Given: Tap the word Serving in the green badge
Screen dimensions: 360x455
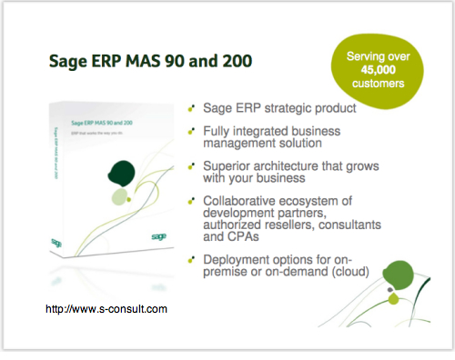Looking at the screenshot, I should (358, 57).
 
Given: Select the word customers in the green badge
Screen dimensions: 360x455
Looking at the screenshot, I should (375, 85).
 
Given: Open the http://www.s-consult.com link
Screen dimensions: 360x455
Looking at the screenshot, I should (106, 309).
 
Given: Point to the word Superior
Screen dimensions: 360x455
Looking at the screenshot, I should (233, 166).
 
